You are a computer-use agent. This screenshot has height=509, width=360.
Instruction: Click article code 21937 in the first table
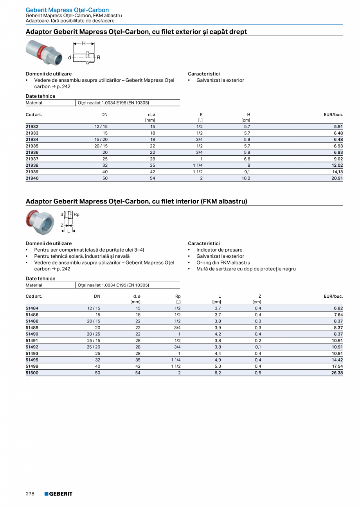(32, 159)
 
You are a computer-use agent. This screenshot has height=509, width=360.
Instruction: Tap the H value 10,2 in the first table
(246, 178)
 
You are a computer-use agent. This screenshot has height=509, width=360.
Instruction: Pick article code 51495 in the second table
(32, 360)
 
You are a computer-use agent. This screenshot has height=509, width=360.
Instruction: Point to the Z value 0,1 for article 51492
(258, 347)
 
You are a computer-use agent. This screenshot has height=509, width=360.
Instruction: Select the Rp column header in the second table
(178, 296)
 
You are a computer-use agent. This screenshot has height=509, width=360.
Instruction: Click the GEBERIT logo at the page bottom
(58, 494)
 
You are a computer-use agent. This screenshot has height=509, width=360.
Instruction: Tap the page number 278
(31, 494)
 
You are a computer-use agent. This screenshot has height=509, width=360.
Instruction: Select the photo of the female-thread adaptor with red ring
(40, 222)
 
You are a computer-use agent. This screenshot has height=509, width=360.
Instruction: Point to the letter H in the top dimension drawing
(84, 44)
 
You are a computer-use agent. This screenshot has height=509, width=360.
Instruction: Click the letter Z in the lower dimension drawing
(62, 225)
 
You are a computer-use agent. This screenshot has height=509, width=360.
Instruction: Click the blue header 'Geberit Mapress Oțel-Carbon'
(67, 10)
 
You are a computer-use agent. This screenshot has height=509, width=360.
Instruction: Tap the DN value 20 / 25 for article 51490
(94, 334)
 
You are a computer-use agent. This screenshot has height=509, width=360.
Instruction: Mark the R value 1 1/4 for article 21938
(197, 165)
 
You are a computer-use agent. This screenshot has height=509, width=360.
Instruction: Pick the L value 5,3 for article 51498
(218, 366)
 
